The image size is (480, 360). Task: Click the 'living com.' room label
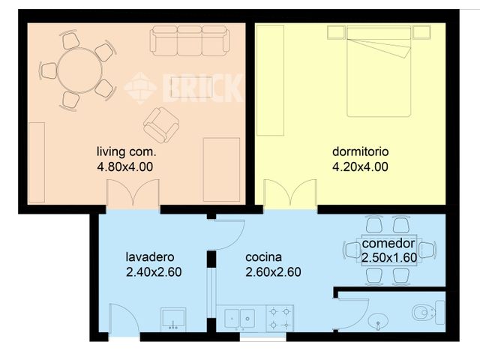[x=125, y=151]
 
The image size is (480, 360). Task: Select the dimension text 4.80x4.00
[x=125, y=166]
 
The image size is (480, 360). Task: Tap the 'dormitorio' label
[x=361, y=151]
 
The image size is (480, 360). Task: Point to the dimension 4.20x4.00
[x=361, y=166]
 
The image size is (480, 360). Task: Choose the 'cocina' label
[x=264, y=256]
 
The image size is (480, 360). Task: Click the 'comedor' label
[x=388, y=244]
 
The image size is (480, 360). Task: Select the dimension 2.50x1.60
[x=389, y=257]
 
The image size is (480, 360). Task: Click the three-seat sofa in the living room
[x=189, y=40]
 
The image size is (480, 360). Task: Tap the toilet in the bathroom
[x=428, y=310]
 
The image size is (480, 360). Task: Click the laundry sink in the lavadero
[x=174, y=318]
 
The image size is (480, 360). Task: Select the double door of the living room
[x=133, y=196]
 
